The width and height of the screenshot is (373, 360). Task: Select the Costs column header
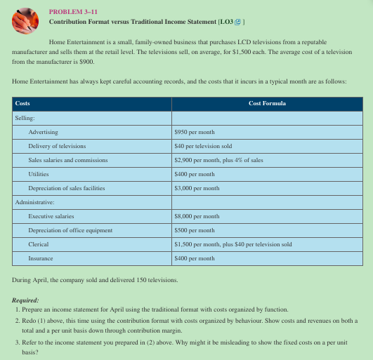coord(22,103)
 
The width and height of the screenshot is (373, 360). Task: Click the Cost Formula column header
coord(267,103)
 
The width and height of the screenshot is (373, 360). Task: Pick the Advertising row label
coord(43,132)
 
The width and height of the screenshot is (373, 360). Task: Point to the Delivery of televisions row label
coord(57,146)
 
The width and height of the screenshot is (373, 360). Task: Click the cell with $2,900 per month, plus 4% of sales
coord(218,160)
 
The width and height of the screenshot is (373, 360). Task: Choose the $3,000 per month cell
coord(197,188)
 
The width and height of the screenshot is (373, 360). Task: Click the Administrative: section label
coord(35,202)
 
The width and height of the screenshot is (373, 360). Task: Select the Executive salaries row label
coord(51,216)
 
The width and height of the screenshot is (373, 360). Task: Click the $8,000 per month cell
coord(197,216)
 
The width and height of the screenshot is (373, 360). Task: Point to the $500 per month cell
coord(195,230)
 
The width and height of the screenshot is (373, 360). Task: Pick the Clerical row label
coord(38,244)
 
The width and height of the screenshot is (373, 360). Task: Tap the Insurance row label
coord(40,258)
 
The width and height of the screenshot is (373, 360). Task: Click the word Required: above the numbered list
coord(26,300)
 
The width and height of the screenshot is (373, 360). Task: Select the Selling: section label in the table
coord(25,118)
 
